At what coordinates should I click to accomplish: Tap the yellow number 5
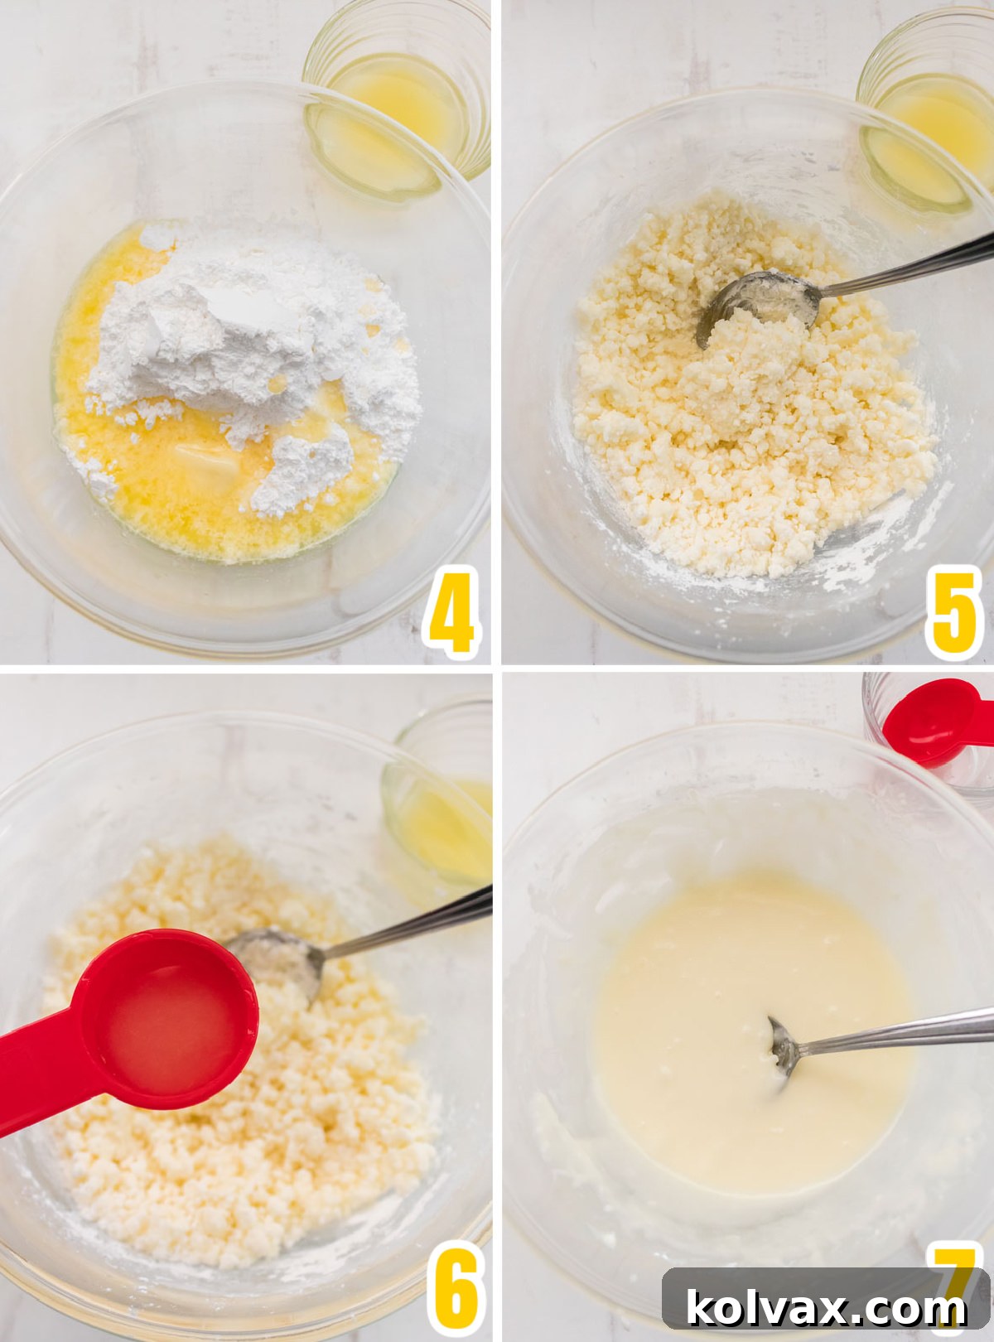(953, 611)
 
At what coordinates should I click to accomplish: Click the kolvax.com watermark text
(826, 1308)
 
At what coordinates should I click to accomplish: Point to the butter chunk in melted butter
(207, 460)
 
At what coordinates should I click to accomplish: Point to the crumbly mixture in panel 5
(745, 431)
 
